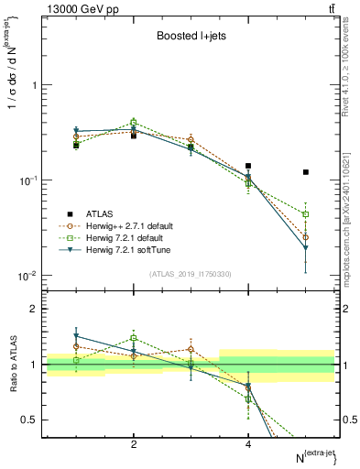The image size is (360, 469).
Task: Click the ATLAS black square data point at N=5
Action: [306, 172]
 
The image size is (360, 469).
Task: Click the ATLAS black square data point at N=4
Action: [248, 166]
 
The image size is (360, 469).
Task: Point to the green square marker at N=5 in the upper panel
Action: [306, 214]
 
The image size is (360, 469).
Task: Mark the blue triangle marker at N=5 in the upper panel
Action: [306, 248]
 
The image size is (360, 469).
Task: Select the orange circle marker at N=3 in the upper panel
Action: [191, 139]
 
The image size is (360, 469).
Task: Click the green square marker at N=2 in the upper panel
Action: [134, 122]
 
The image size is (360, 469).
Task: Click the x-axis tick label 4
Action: [248, 444]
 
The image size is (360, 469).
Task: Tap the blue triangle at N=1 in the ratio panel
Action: [76, 336]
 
